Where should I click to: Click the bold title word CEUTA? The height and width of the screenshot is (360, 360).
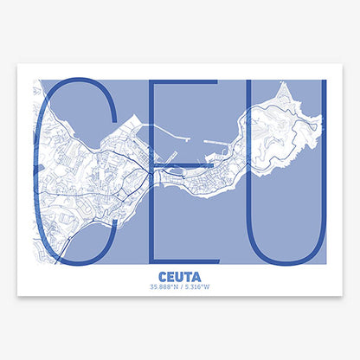pos(180,279)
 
